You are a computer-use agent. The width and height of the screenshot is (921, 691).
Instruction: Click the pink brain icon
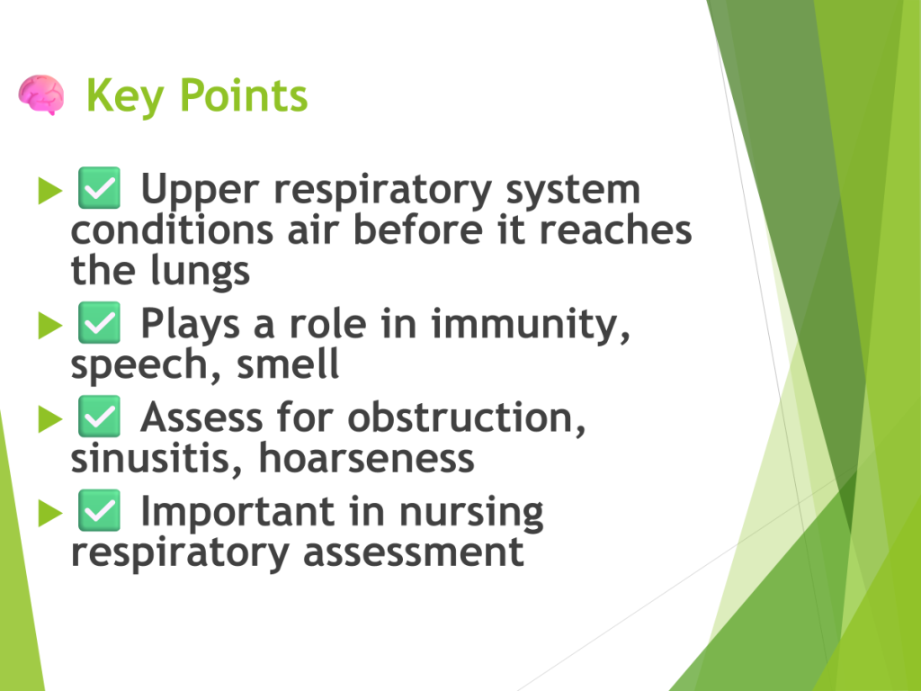(x=41, y=94)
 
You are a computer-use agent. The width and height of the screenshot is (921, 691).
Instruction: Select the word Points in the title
(x=243, y=95)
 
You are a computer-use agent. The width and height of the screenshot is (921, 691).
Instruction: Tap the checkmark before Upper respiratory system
(x=99, y=187)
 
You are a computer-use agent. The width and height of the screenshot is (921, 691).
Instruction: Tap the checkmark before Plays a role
(x=99, y=323)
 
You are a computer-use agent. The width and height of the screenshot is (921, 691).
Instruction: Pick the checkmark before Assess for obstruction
(x=99, y=416)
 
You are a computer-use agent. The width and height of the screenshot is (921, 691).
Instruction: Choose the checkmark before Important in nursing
(x=99, y=510)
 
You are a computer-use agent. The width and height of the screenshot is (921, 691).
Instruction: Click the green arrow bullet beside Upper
(x=50, y=191)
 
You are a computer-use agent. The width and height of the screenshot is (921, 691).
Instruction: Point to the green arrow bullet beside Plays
(x=50, y=326)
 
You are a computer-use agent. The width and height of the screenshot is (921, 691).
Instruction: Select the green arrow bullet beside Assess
(x=50, y=419)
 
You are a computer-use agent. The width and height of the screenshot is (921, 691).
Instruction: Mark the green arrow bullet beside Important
(x=50, y=513)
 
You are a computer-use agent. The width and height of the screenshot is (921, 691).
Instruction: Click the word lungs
(x=201, y=272)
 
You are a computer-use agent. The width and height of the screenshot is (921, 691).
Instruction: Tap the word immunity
(x=531, y=325)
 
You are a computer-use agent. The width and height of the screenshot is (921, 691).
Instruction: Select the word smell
(x=288, y=364)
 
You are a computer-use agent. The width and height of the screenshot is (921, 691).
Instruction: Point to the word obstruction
(x=467, y=418)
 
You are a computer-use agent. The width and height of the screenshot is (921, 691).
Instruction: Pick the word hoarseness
(x=367, y=458)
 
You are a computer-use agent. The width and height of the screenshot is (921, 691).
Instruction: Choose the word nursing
(x=471, y=513)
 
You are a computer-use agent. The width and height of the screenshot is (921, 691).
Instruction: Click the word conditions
(x=172, y=229)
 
